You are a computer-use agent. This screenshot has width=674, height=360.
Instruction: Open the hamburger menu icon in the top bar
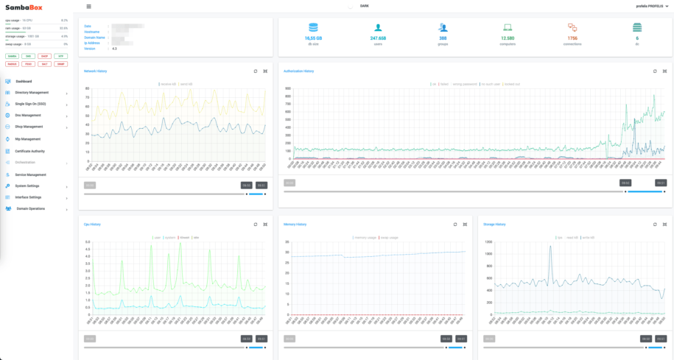coord(89,6)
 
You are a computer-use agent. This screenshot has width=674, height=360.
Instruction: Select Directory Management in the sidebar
coord(32,93)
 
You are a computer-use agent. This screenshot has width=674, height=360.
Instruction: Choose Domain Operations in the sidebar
coord(31,209)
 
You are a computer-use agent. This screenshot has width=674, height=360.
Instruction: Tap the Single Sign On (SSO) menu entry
coord(30,104)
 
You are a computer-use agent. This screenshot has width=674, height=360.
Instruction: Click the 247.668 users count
coord(379,38)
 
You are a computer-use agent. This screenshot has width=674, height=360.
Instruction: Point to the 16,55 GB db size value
coord(314,38)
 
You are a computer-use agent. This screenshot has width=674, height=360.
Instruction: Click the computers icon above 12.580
coord(508,27)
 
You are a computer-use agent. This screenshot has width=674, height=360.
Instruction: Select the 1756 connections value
coord(572,38)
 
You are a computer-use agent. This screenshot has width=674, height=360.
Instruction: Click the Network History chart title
coord(95,71)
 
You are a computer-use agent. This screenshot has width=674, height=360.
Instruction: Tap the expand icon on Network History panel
coord(265,71)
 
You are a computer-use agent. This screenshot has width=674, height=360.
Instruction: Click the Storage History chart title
coord(495,225)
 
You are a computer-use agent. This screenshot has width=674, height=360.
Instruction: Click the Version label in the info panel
coord(90,49)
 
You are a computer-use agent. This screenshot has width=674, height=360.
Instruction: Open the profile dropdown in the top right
coord(652,6)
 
